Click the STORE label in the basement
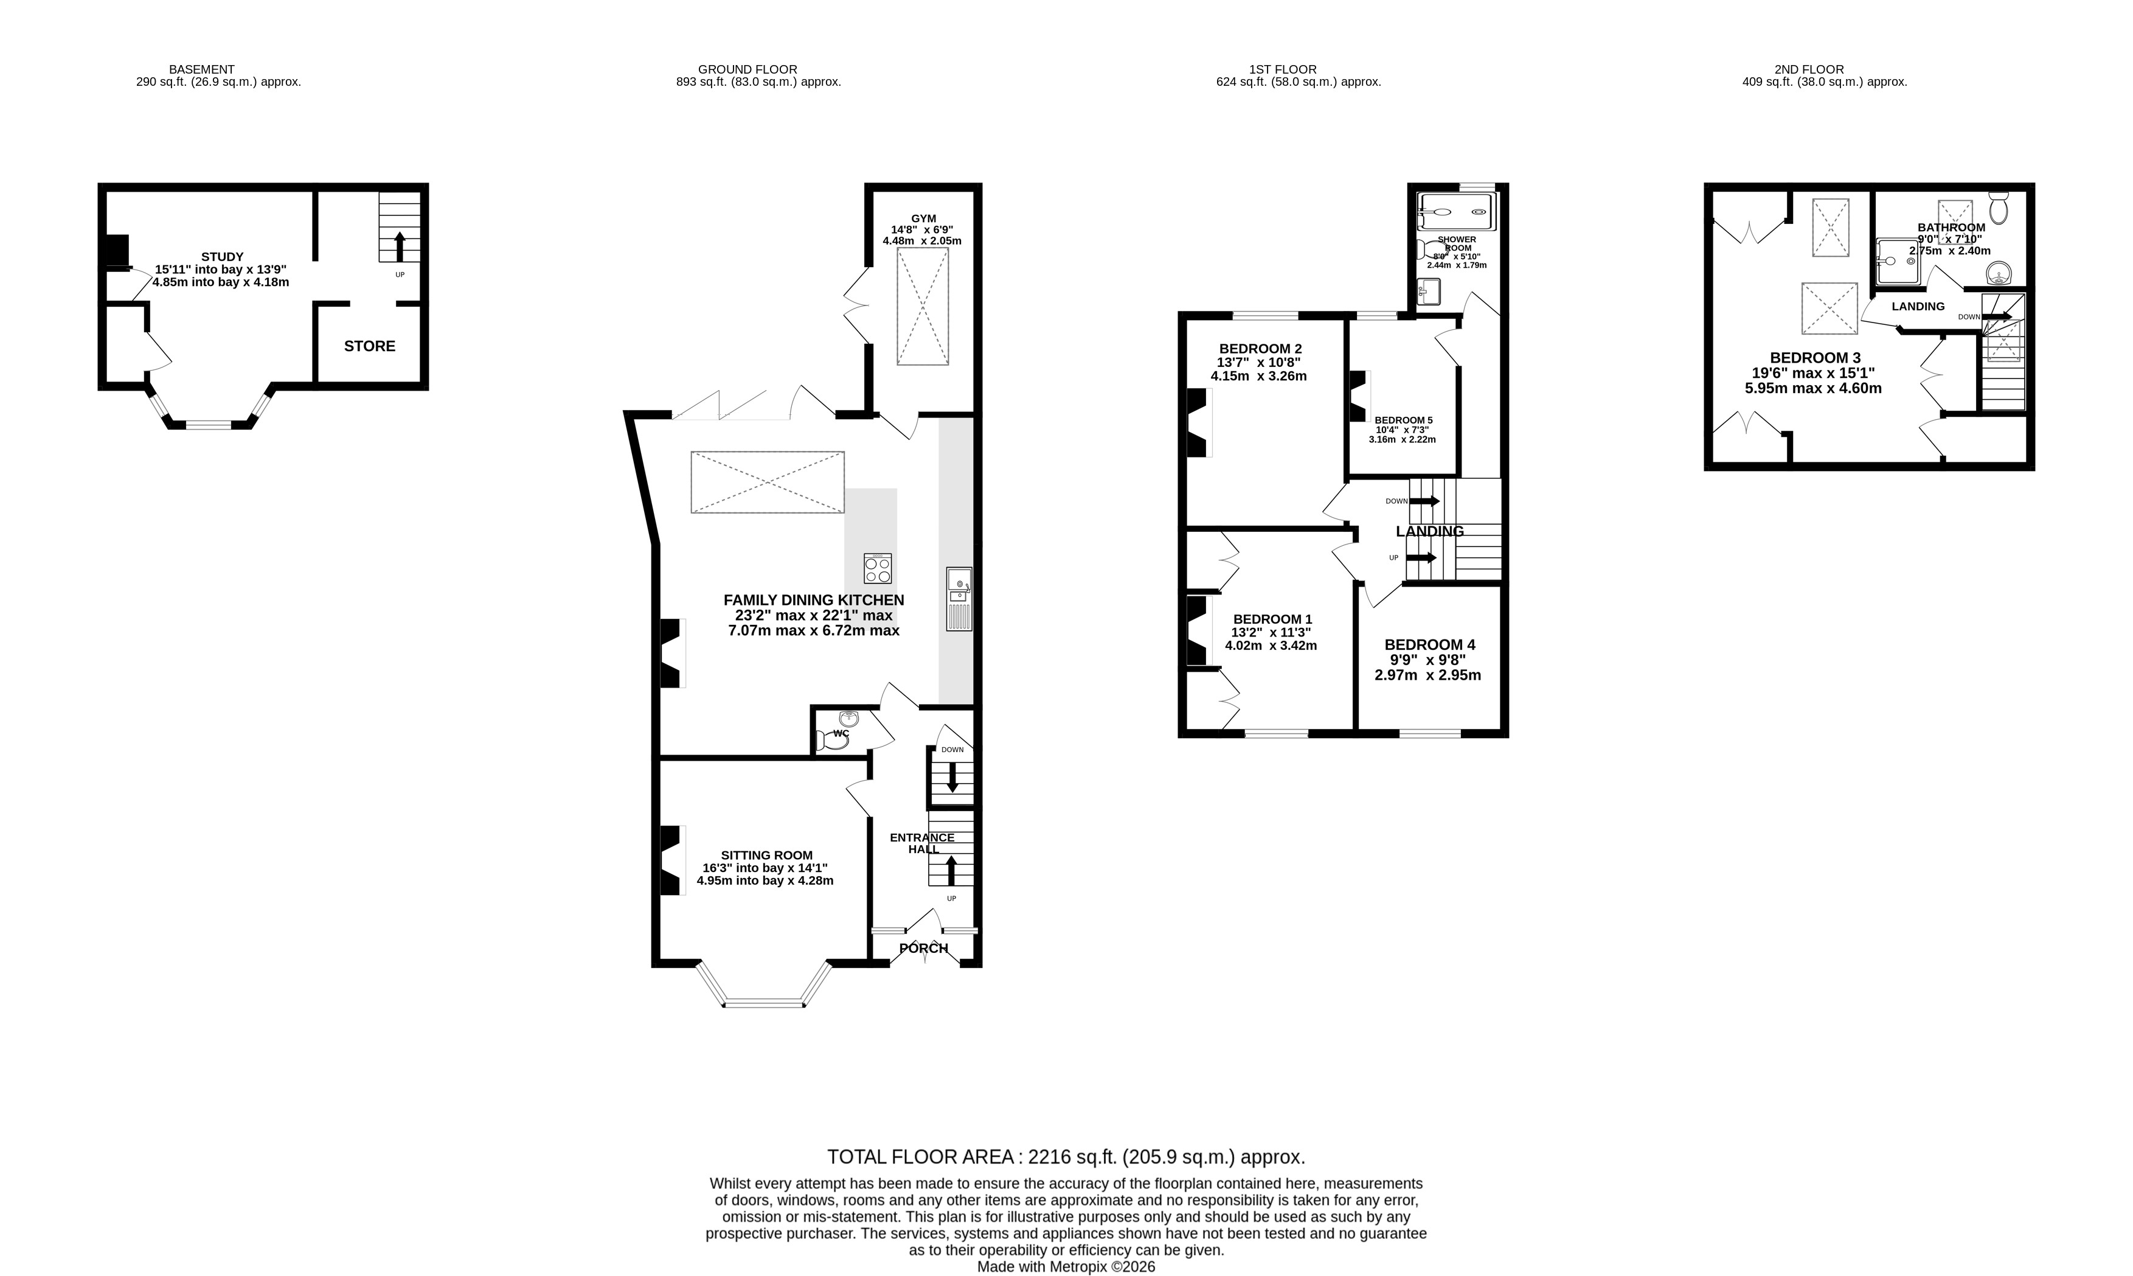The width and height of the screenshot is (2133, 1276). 370,346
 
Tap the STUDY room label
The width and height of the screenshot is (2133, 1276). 223,256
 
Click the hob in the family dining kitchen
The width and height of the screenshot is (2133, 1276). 878,568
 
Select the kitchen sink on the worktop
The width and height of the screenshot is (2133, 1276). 959,599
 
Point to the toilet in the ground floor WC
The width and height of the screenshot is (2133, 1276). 831,739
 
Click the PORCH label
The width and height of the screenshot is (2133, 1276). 924,949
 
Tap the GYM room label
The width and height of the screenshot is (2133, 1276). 924,218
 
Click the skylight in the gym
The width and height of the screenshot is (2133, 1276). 923,306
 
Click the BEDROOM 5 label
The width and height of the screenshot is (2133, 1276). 1403,420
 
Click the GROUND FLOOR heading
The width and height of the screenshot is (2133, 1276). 747,69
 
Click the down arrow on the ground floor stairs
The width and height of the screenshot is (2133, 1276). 952,776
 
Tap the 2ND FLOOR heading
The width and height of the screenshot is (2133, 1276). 1809,69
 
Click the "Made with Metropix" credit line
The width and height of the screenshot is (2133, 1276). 1066,1266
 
